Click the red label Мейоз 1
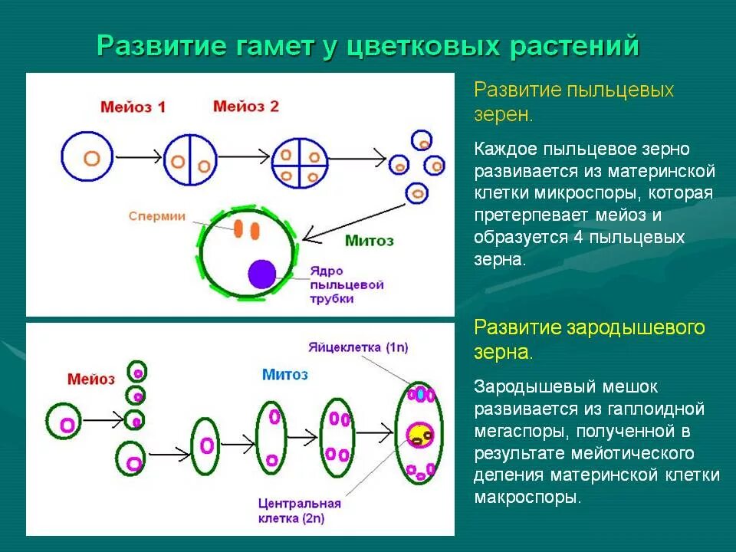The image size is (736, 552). (x=133, y=107)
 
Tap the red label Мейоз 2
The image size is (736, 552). (x=246, y=107)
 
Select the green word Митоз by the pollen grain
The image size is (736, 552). (x=369, y=241)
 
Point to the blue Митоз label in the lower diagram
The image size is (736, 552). (x=284, y=374)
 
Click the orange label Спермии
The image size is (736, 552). (x=157, y=217)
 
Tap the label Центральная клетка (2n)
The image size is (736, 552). (x=299, y=511)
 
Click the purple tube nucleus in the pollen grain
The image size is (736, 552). (x=262, y=274)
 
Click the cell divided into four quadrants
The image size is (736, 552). (x=295, y=162)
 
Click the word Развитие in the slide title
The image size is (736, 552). (x=158, y=46)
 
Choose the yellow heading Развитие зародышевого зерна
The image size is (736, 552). (x=589, y=340)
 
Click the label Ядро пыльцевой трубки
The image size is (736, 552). (x=346, y=284)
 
